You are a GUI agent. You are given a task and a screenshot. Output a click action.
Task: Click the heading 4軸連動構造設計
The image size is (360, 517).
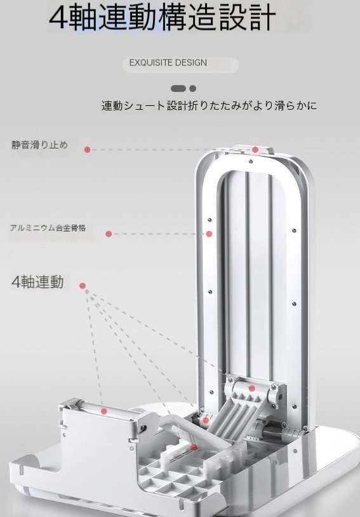click(x=162, y=16)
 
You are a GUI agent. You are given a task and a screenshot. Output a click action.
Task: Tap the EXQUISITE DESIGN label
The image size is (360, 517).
click(x=168, y=63)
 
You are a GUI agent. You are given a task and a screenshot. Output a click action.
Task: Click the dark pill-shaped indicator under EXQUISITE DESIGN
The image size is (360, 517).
click(x=178, y=88)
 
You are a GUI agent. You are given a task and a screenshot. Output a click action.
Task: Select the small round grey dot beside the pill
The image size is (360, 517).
click(x=193, y=88)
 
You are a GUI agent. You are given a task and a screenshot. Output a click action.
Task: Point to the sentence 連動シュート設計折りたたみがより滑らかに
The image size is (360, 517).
click(x=209, y=105)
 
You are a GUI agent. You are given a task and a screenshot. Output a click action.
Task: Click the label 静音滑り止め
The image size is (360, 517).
click(x=39, y=145)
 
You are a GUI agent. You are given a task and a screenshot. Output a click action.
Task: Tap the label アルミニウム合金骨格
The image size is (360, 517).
click(x=48, y=228)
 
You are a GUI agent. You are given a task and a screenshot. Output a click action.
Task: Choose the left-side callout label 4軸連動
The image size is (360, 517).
click(x=37, y=282)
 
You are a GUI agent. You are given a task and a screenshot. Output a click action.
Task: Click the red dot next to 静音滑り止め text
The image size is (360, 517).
click(x=87, y=150)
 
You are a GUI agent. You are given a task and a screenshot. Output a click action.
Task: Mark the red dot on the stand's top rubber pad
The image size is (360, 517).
click(x=255, y=150)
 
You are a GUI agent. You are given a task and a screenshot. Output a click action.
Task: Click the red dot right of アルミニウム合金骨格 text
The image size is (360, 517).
click(x=109, y=234)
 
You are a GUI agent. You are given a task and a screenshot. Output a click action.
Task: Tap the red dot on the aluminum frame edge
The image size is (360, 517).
click(x=209, y=234)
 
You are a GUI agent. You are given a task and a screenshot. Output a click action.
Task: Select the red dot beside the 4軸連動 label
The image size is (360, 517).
click(x=83, y=286)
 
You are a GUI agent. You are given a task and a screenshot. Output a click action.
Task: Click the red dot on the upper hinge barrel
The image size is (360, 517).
click(x=252, y=388)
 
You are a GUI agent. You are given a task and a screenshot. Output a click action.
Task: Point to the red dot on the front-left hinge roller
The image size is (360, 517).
click(x=104, y=411)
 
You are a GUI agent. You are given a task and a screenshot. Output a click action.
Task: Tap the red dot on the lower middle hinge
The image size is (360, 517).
click(x=206, y=421)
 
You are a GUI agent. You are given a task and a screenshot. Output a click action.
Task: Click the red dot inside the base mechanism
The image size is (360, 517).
click(x=194, y=447)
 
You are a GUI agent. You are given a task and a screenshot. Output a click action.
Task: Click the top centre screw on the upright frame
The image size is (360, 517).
click(x=250, y=162)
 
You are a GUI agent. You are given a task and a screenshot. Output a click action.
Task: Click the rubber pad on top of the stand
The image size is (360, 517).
click(x=253, y=149)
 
